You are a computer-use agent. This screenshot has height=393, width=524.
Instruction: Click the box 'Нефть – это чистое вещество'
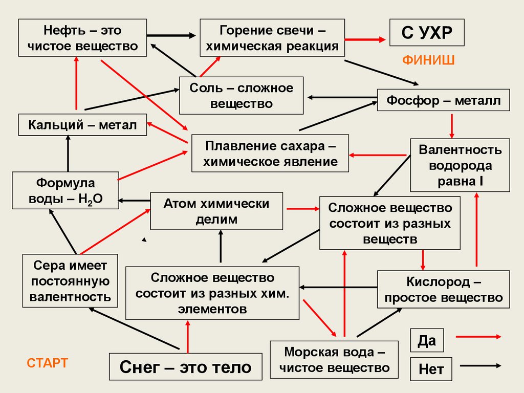83,38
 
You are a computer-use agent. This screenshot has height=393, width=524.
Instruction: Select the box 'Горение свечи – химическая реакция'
272,38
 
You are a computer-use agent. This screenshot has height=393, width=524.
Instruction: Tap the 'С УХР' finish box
427,34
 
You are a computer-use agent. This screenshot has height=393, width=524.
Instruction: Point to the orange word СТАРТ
47,364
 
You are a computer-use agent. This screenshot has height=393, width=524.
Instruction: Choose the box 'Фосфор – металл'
444,100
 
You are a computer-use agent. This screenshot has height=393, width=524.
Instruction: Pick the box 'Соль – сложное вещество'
241,96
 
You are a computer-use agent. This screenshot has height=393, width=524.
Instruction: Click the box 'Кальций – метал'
82,125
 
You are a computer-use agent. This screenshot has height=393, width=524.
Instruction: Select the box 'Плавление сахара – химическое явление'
270,153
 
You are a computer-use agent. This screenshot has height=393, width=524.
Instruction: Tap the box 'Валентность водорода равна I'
460,165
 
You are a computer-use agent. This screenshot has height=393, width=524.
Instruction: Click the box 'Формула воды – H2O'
65,190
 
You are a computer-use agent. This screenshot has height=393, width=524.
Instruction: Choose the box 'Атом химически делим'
216,211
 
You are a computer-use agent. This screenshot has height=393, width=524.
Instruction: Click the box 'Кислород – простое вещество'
444,289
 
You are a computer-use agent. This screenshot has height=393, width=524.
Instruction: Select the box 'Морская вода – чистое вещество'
334,359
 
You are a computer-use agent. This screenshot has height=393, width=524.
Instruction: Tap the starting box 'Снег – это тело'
185,367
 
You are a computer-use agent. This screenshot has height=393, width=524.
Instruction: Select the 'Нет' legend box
431,368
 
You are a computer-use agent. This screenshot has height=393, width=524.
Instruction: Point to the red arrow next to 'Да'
478,337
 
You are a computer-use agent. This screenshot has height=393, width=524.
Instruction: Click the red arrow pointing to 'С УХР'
367,38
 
